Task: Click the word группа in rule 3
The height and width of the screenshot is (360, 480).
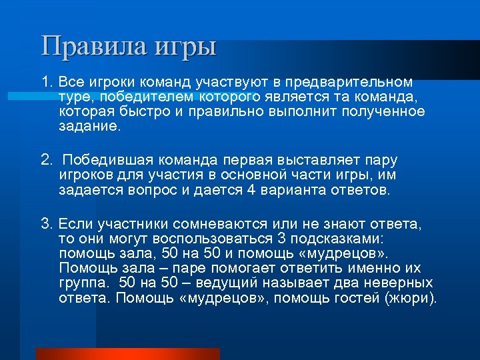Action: (x=80, y=283)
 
